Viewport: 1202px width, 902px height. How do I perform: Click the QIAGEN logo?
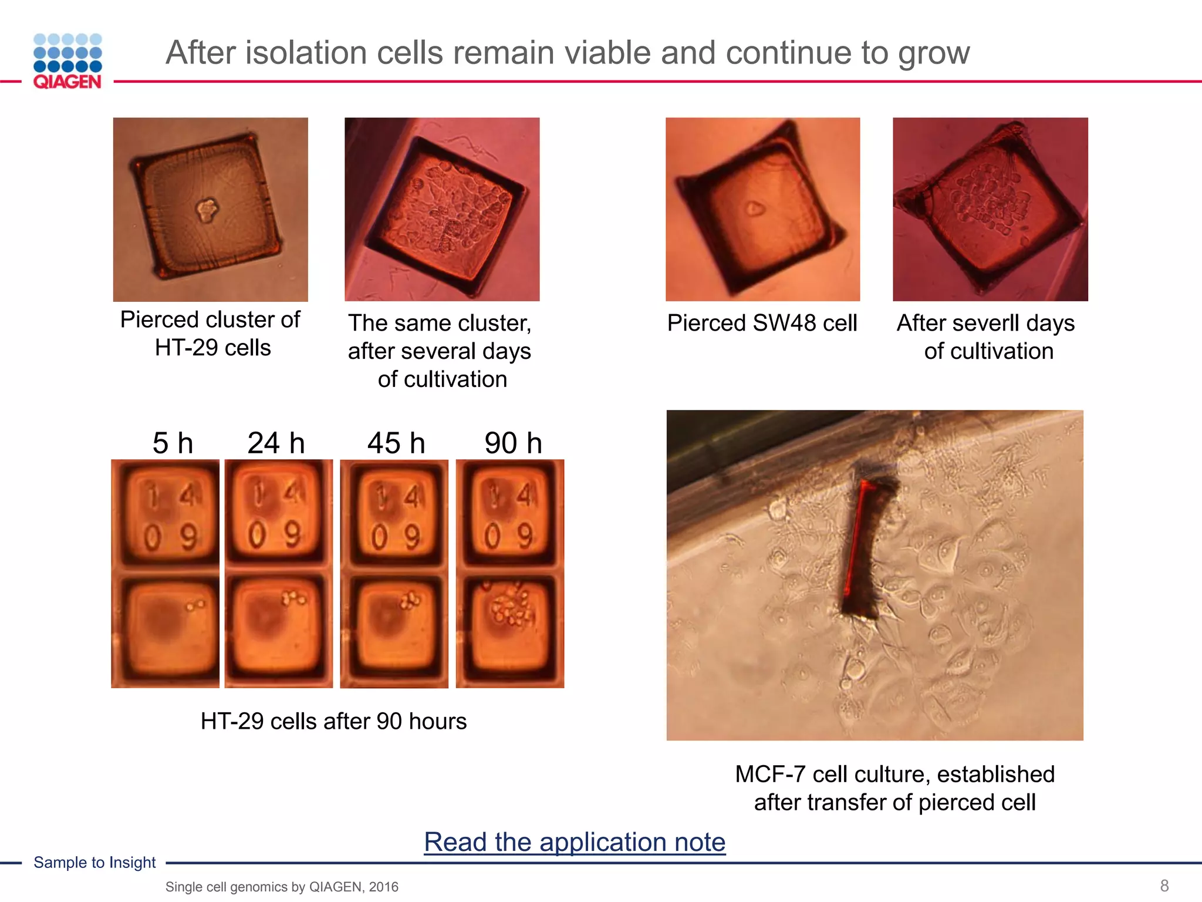pos(67,61)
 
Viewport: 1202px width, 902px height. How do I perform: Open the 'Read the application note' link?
pos(575,842)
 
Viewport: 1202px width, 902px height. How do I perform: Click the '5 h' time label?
pos(173,443)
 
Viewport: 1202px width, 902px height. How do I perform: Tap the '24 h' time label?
pos(276,443)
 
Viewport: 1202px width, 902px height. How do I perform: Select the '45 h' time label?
pos(396,443)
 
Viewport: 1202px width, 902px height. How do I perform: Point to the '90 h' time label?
pos(513,443)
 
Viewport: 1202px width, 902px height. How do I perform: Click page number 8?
pos(1164,886)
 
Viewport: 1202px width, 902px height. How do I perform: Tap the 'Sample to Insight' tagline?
pos(94,862)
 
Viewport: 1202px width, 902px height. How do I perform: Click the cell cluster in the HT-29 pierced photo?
pos(207,210)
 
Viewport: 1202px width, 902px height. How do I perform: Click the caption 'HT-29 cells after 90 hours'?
pos(333,721)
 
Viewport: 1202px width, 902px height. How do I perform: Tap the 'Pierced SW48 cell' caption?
pos(762,323)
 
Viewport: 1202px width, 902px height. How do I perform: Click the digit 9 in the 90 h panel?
pos(524,536)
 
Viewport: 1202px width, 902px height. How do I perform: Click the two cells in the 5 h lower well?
pos(195,604)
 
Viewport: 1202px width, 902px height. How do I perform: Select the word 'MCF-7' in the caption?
pos(771,775)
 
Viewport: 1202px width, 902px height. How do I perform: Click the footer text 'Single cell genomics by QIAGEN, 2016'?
pos(282,887)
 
